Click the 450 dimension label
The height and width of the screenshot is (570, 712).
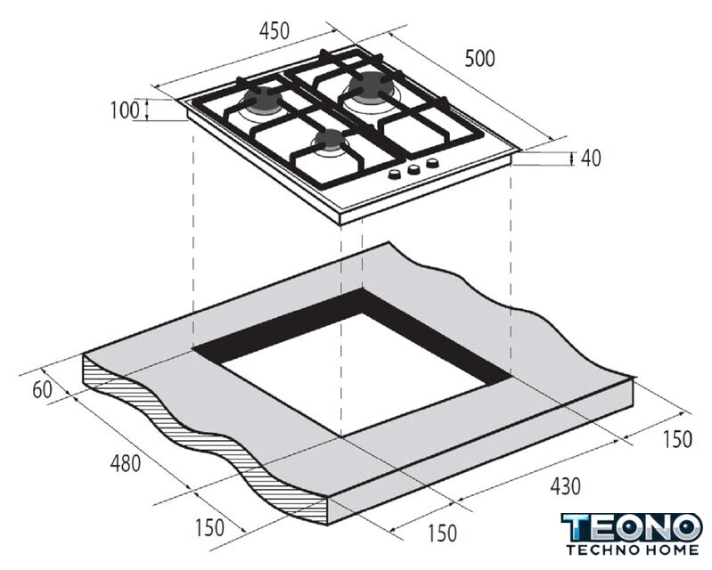tap(274, 31)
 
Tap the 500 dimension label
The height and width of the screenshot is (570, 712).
tap(479, 59)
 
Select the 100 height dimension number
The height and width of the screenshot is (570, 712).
tap(125, 110)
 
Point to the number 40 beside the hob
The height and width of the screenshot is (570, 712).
tap(591, 158)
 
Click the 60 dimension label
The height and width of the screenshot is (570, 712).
tap(42, 390)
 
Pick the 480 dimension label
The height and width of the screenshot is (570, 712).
tap(126, 463)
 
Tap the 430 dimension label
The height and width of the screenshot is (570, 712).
tap(565, 486)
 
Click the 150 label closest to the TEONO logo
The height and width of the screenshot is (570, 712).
tap(677, 439)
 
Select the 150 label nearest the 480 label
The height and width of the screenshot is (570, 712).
tap(209, 527)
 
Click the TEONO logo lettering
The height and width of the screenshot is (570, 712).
tap(632, 527)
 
